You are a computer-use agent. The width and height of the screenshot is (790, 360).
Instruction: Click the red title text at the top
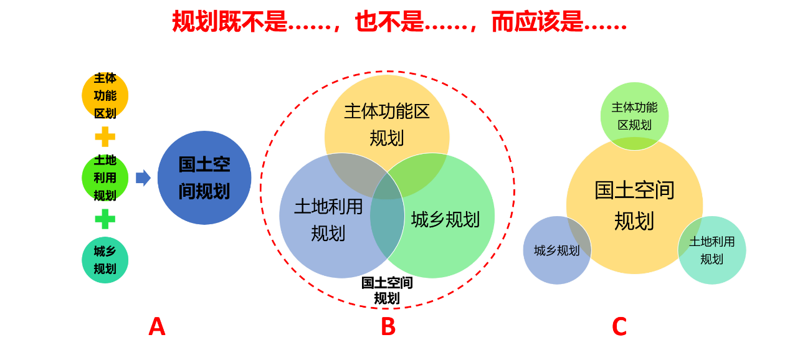click(399, 22)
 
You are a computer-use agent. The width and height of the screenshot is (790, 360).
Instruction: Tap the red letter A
click(157, 327)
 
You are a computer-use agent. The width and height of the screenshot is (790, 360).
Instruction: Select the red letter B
click(388, 327)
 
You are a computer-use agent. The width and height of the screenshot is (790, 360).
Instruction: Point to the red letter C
click(619, 327)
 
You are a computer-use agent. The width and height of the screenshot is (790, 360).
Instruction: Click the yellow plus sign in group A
click(105, 137)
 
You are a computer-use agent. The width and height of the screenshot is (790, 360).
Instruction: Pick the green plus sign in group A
click(105, 219)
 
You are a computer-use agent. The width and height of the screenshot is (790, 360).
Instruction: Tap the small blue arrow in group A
click(143, 178)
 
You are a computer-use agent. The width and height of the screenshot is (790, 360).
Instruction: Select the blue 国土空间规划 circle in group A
click(204, 178)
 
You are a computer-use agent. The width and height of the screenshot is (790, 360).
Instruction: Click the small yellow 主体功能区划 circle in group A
click(105, 95)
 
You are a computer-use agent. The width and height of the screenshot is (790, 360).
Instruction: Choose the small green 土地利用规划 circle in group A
click(105, 178)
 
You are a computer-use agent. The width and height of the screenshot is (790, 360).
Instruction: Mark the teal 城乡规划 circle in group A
click(105, 260)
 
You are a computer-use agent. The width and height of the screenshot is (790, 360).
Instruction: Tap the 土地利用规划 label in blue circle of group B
click(328, 219)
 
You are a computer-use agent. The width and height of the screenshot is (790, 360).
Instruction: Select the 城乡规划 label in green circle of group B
click(445, 219)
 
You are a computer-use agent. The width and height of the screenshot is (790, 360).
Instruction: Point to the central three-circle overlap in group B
click(387, 187)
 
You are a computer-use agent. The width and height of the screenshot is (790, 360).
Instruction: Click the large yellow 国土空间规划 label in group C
click(634, 206)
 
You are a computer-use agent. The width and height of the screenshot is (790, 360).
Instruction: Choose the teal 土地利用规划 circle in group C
click(712, 250)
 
